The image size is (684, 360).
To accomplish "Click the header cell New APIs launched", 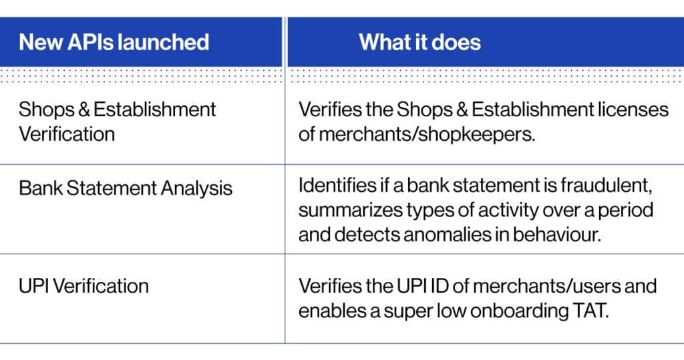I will [114, 42].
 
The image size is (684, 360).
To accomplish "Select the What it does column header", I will [419, 42].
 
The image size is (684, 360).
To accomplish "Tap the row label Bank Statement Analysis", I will [126, 188].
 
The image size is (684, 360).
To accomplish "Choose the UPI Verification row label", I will [83, 286].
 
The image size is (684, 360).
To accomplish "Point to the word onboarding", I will [511, 311].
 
